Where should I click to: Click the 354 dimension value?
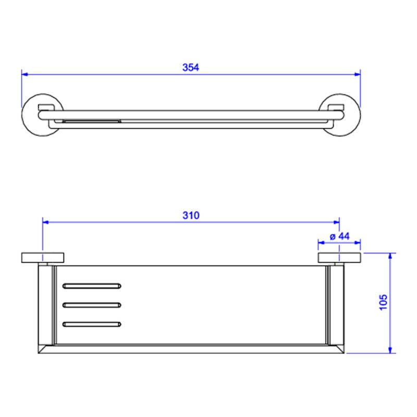click(190, 67)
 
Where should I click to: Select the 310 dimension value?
click(191, 215)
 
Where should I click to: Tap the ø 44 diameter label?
click(340, 236)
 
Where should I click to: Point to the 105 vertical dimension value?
click(383, 302)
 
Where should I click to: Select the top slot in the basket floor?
click(92, 286)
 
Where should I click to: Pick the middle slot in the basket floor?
click(92, 305)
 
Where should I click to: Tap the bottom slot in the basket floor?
click(92, 324)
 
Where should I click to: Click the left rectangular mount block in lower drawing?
click(43, 257)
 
